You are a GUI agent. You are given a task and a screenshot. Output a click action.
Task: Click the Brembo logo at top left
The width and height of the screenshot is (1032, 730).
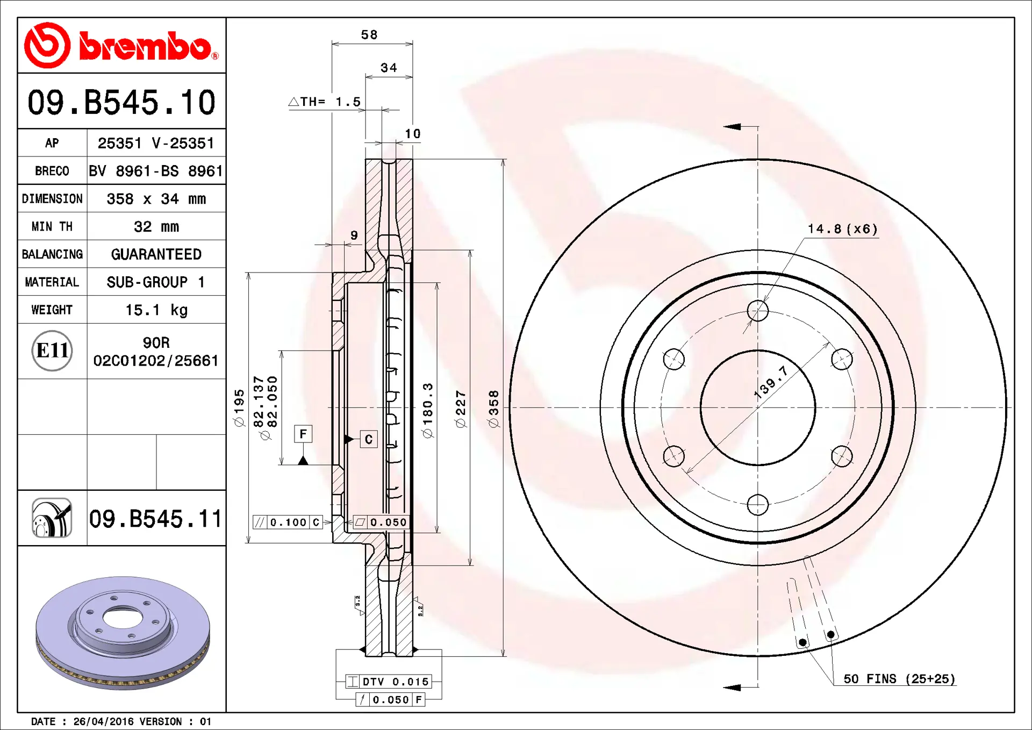tap(121, 46)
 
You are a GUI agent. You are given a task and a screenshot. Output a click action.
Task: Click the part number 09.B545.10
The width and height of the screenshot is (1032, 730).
tap(121, 102)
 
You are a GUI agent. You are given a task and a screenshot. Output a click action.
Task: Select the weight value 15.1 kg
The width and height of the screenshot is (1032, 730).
tap(156, 310)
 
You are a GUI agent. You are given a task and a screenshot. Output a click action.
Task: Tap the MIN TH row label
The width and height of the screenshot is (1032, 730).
tap(52, 226)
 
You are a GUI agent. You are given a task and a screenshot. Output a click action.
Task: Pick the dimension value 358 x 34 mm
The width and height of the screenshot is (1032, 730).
tap(156, 199)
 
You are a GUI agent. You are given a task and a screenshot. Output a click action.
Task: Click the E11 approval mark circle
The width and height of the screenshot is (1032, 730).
tap(52, 350)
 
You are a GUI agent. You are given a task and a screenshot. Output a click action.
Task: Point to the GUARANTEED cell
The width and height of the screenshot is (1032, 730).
tap(156, 254)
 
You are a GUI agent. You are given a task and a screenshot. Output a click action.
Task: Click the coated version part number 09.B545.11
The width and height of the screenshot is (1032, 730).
tap(155, 519)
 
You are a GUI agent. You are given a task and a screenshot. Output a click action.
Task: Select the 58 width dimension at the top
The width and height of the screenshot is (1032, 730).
tap(369, 35)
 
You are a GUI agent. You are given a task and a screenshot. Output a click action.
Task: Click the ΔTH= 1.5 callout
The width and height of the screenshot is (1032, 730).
tap(325, 102)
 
